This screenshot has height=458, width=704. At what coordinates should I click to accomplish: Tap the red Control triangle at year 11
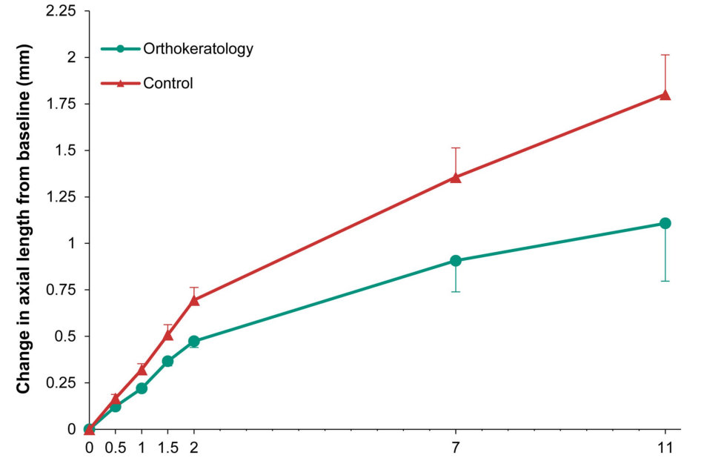[665, 95]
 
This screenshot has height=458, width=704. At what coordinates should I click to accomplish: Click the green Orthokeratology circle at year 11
[665, 223]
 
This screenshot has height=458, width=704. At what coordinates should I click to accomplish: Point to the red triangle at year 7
[455, 177]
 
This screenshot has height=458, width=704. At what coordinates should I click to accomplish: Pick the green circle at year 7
[455, 260]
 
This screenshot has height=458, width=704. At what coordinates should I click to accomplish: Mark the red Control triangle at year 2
[194, 300]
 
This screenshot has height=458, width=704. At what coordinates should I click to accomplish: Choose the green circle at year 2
[194, 342]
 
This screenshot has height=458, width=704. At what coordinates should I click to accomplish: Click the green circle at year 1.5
[167, 361]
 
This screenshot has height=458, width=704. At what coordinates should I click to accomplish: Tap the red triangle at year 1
[142, 369]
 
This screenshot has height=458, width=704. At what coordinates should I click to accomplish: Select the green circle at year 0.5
[115, 406]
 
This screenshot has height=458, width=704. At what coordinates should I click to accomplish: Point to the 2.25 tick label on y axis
[63, 12]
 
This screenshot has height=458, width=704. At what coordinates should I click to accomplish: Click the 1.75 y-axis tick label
[63, 103]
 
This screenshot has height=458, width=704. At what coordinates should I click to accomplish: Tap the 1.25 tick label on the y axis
[63, 196]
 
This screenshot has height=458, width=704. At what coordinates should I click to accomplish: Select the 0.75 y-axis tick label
[63, 290]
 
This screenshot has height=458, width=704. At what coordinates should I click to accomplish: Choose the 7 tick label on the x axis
[455, 448]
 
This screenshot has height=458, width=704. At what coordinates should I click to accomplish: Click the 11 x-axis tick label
[665, 448]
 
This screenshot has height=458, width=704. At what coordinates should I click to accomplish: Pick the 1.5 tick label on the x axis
[167, 448]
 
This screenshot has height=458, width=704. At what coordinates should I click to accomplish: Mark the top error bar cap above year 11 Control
[665, 55]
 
